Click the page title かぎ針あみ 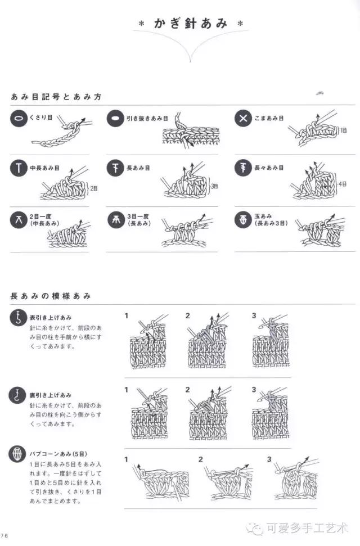[x=191, y=24]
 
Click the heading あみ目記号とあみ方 [x=56, y=97]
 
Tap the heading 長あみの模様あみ [x=51, y=296]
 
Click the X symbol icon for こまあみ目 [x=243, y=119]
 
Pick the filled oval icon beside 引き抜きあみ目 [x=115, y=119]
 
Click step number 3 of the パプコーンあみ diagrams [x=269, y=459]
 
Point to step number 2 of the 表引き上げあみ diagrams [x=188, y=316]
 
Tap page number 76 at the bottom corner [x=4, y=535]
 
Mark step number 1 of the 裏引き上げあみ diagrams [x=127, y=390]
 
